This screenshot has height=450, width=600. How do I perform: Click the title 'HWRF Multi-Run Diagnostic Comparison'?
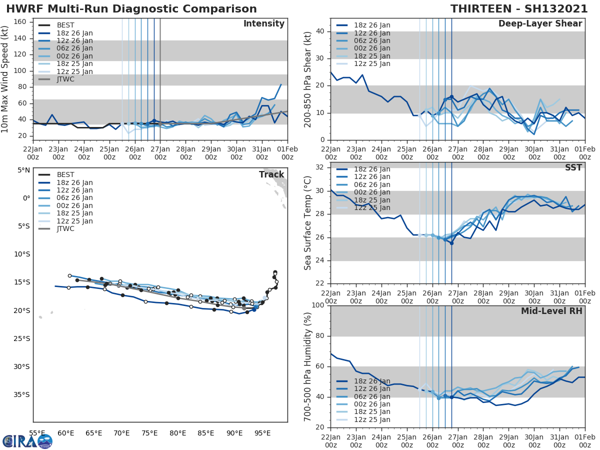(x=131, y=9)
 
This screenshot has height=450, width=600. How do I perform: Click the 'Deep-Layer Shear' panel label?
(x=540, y=24)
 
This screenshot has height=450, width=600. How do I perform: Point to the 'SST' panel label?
(x=573, y=168)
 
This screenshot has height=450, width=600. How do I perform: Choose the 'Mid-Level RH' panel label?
(x=551, y=311)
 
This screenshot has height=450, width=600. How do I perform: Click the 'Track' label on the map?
(x=271, y=174)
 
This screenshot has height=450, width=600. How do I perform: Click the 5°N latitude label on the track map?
(x=24, y=170)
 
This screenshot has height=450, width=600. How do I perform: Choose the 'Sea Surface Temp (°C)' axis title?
(x=308, y=223)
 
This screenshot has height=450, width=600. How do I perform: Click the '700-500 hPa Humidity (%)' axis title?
(x=308, y=366)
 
